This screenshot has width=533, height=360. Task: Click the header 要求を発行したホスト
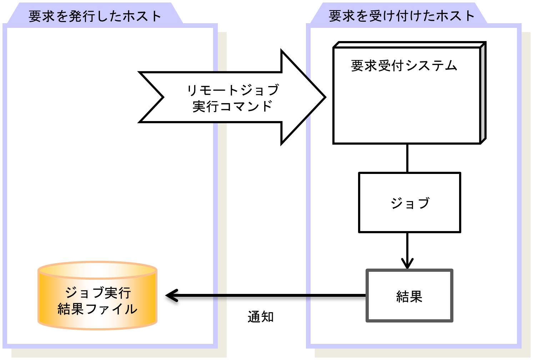tap(95, 16)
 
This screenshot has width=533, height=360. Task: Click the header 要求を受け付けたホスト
tap(401, 16)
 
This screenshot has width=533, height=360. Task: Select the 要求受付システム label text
tap(404, 65)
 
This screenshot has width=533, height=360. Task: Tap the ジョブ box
tap(409, 202)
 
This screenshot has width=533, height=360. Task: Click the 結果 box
tap(409, 295)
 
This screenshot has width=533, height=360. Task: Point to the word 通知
tap(261, 317)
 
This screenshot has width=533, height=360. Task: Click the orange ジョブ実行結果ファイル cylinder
tap(97, 295)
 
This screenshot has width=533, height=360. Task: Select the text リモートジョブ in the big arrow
tap(233, 90)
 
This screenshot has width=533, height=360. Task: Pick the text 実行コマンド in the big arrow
tap(232, 106)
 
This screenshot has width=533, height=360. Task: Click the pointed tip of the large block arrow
tap(325, 97)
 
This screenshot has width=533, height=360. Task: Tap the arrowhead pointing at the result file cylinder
tap(171, 295)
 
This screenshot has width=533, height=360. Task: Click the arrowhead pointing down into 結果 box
tap(407, 264)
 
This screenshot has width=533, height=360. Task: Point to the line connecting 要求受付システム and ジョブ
tap(407, 158)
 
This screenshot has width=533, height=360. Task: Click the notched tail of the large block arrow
tap(163, 97)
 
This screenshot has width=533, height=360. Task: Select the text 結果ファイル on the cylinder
tap(97, 309)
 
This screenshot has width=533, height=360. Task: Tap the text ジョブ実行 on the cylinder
tap(98, 292)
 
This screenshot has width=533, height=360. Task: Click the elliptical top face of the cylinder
tap(97, 270)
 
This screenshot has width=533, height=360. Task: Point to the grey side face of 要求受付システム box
tap(483, 93)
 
